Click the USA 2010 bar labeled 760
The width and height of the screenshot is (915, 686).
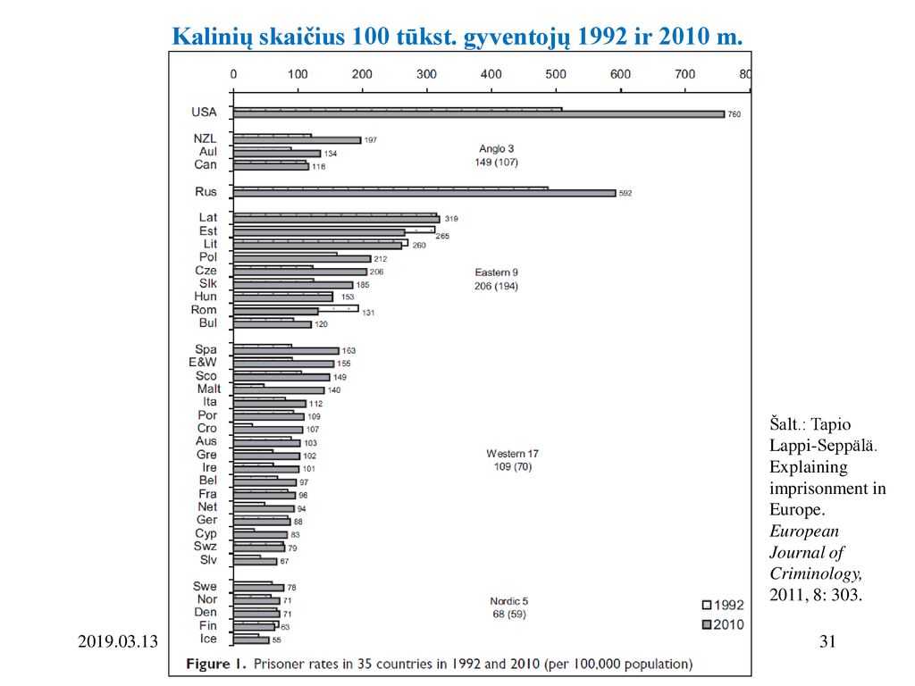coord(479,114)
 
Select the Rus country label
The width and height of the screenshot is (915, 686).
coord(206,192)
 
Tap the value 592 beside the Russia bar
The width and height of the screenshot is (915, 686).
coord(625,193)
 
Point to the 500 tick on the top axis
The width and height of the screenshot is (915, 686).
coord(556,75)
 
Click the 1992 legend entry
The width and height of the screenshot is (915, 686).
coord(722,605)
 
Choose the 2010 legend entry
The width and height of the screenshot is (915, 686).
coord(722,624)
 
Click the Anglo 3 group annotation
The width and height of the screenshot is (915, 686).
coord(496,155)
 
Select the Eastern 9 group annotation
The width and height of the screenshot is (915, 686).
coord(496,279)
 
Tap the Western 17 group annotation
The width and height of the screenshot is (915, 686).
coord(512,460)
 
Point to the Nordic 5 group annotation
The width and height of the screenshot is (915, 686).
coord(508,607)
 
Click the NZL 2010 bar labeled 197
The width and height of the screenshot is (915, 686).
coord(297,140)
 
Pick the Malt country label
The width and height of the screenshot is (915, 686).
coord(209,389)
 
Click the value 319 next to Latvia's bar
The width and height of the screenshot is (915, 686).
coord(451,219)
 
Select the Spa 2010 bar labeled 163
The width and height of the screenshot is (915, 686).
coord(286,351)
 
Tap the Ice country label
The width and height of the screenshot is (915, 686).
coord(207,639)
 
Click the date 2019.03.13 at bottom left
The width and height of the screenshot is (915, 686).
coord(118,641)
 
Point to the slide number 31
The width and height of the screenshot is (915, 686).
coord(827,641)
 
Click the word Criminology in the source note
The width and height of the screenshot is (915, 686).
coord(816,574)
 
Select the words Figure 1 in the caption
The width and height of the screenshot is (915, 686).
coord(216,664)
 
